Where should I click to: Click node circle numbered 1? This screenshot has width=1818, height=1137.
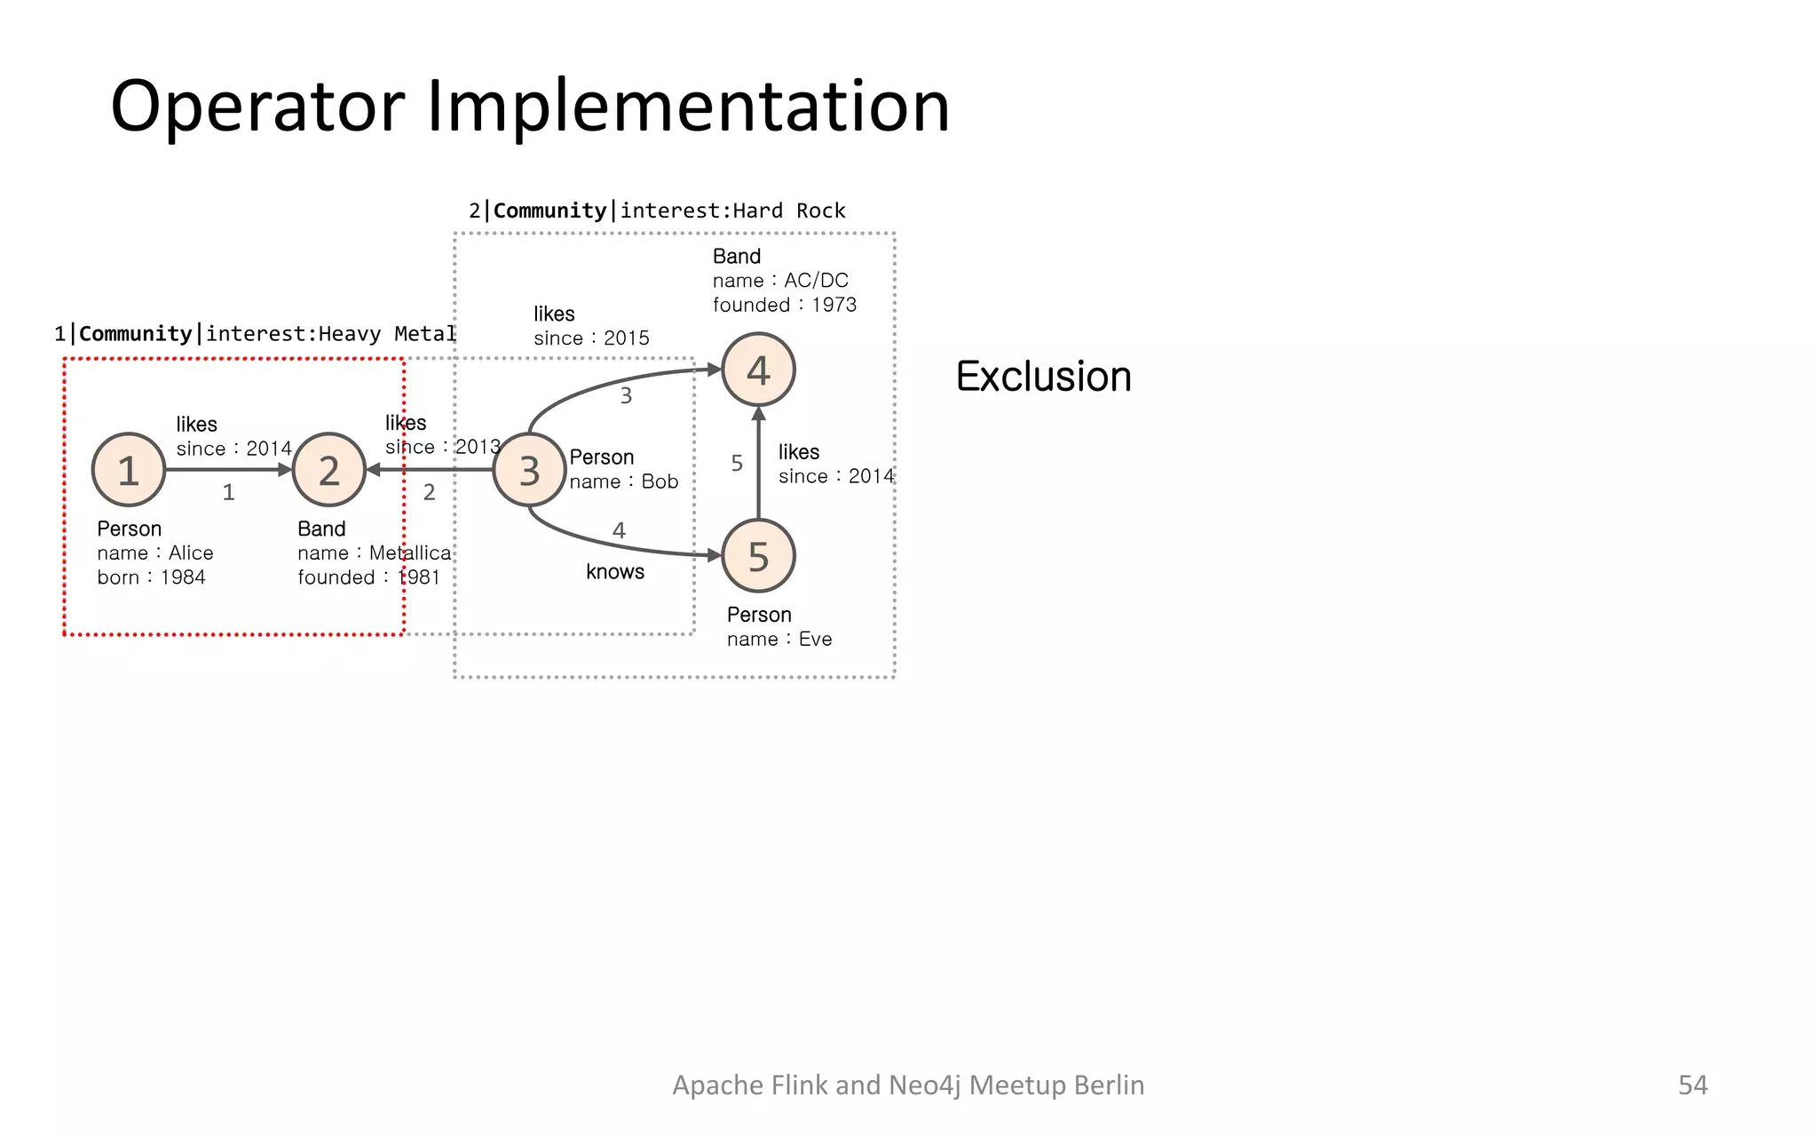point(129,470)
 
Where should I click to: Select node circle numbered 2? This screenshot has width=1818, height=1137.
point(329,470)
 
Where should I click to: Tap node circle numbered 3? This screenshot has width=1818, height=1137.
point(530,470)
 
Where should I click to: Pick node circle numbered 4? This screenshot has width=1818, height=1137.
point(758,370)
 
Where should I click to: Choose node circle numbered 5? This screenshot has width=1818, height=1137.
point(758,556)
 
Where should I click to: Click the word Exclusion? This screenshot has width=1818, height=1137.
point(1043,377)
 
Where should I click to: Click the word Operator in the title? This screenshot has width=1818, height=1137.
point(257,107)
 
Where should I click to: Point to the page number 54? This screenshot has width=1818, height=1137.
point(1692,1085)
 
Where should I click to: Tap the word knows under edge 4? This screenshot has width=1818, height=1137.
point(614,572)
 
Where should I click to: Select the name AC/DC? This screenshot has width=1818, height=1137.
point(816,281)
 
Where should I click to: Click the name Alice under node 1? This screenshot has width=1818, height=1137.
point(191,553)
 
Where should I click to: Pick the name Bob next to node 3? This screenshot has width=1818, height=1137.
point(660,481)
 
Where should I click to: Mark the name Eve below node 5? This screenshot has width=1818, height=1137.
point(815,640)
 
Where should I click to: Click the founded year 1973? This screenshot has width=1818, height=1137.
point(834,305)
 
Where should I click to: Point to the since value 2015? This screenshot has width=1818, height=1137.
point(626,338)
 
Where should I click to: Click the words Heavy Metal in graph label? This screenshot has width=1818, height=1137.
point(386,334)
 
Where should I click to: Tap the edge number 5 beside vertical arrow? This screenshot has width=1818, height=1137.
point(737,463)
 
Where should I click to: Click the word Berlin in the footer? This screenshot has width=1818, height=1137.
point(1108,1085)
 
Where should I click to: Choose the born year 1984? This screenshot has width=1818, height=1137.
point(182,577)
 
